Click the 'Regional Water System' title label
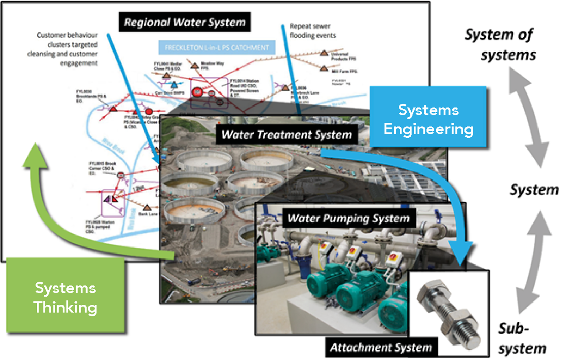(x=185, y=22)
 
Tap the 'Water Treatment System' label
(x=287, y=134)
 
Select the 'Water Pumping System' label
(x=348, y=218)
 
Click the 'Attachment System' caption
(x=381, y=348)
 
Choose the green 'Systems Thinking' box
(x=65, y=298)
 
